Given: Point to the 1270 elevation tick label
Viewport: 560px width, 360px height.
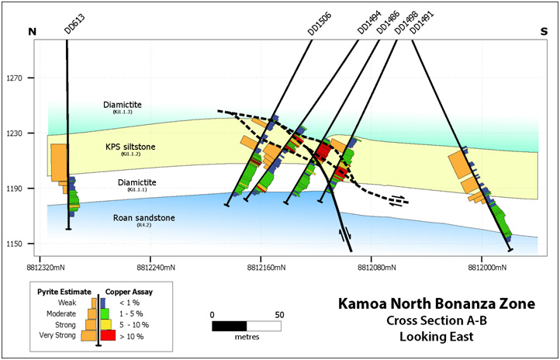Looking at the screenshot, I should pos(16,78).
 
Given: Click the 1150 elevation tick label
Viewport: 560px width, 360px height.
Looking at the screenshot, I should pos(16,244).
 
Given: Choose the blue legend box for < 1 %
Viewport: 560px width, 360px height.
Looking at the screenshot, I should pos(103,301).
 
